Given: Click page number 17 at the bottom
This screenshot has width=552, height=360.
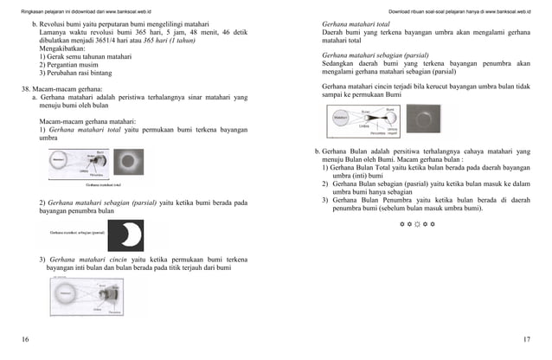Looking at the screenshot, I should [x=529, y=339].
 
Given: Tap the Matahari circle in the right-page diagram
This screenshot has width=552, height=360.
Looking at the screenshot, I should [x=339, y=119].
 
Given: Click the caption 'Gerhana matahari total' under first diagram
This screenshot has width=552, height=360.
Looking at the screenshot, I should [x=102, y=184].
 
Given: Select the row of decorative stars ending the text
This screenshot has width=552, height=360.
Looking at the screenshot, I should [x=417, y=224].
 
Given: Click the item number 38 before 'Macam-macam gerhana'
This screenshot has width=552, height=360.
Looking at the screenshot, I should [x=26, y=89].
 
